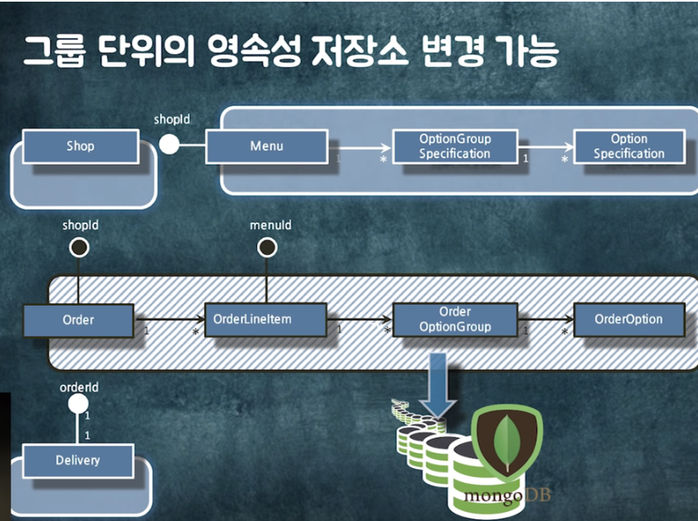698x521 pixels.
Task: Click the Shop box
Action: coord(80,146)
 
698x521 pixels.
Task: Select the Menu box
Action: coord(266,146)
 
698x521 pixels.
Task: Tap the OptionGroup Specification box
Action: coord(454,146)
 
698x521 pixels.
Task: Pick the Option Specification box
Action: coord(629,146)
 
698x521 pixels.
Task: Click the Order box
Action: coord(78,320)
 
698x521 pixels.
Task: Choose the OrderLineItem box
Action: coord(265,320)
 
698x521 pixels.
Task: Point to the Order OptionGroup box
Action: coord(454,320)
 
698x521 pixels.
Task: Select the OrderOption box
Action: coord(629,320)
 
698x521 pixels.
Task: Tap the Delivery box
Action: coord(77,460)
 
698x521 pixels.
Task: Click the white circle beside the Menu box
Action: coord(169,145)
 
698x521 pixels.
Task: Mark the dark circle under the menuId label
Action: coord(267,247)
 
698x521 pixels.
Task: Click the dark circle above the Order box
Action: coord(80,247)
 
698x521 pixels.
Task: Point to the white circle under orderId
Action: coord(78,403)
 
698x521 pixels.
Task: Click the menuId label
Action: coord(270,224)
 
